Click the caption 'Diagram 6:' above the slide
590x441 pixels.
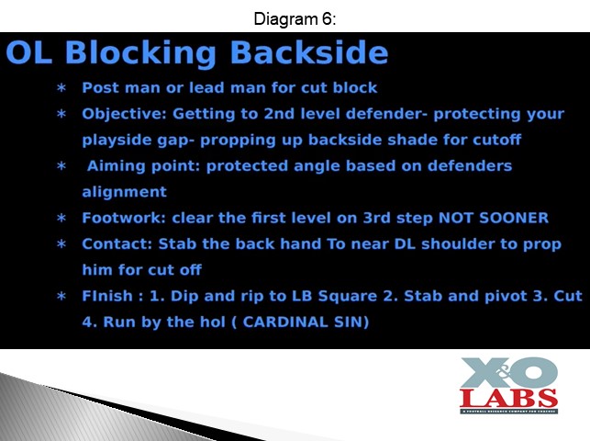pos(295,18)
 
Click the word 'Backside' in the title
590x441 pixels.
pos(308,52)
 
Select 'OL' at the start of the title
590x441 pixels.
pos(29,52)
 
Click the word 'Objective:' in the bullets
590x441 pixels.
pos(124,114)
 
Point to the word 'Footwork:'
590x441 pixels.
pos(124,218)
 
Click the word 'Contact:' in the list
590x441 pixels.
pos(117,244)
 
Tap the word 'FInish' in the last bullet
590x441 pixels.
pos(107,296)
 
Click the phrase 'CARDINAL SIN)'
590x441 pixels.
pos(306,322)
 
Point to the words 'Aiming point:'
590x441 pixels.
pos(143,166)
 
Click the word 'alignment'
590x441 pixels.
pos(124,192)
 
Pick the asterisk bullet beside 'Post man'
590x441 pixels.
pos(61,88)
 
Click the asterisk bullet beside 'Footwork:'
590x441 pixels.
pos(61,219)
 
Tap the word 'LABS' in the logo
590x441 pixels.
pos(508,399)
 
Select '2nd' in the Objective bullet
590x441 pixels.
pos(279,114)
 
